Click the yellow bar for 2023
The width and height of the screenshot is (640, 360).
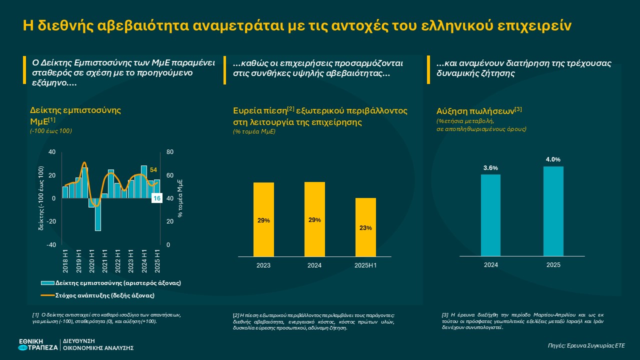263,219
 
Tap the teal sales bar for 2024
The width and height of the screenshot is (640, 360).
490,215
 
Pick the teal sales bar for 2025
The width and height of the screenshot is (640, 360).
553,211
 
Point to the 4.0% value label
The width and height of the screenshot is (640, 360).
553,159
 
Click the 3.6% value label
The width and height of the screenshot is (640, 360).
490,168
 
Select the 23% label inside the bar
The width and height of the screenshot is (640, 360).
365,228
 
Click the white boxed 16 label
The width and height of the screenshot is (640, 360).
156,198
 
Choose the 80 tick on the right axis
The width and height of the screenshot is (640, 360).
169,152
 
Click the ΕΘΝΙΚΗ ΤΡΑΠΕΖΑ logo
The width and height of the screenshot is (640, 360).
37,344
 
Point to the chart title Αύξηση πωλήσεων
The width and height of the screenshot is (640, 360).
479,110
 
